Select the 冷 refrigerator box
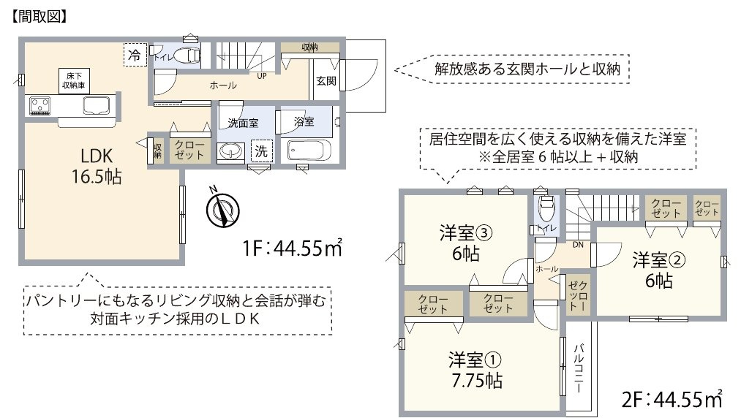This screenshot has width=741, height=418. click(x=134, y=55)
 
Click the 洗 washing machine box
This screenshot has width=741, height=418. click(x=260, y=151)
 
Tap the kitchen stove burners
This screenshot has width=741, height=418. click(x=40, y=106)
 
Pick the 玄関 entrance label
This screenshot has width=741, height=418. click(x=326, y=81)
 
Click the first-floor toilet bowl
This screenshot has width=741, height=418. click(x=187, y=56)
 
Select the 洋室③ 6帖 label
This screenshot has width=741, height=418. click(x=461, y=243)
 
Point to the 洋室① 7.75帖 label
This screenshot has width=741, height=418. click(x=475, y=370)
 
